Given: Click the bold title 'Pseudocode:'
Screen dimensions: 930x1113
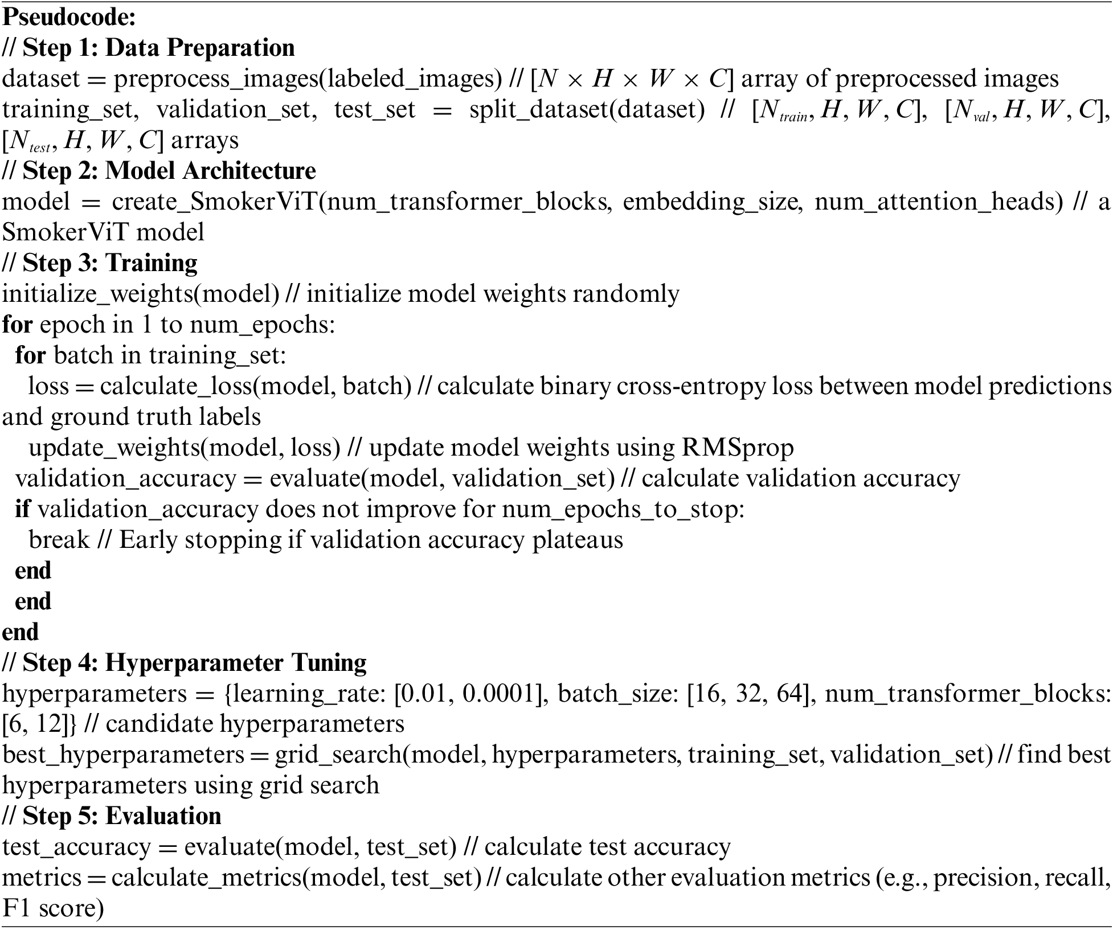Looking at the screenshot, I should tap(69, 18).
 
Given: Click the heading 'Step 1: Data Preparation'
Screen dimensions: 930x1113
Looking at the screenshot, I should tap(158, 48).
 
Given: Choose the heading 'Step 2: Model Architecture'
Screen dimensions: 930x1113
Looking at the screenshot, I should tap(169, 171).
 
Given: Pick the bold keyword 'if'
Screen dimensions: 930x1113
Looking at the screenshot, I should tap(22, 509).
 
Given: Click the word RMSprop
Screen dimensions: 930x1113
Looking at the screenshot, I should tap(738, 448).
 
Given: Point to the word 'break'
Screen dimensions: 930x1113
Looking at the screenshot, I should tap(59, 539).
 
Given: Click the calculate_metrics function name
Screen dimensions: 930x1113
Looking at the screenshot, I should tap(206, 878).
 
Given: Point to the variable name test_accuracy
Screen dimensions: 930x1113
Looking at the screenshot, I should tap(76, 847).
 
